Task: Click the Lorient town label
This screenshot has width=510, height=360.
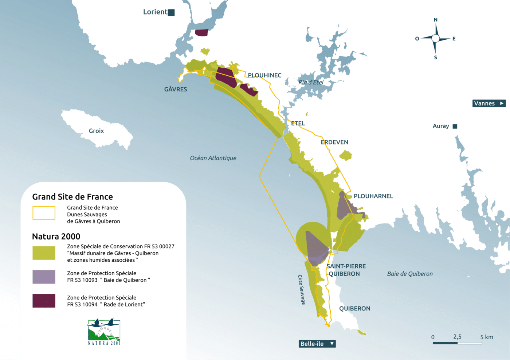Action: point(155,12)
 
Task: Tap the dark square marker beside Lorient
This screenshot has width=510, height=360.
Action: point(171,13)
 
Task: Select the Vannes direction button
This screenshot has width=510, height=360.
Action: point(489,103)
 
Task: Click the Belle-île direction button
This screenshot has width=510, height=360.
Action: point(317,344)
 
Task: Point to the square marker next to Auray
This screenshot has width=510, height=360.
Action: point(455,126)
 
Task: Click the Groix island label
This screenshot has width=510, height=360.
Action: point(96,131)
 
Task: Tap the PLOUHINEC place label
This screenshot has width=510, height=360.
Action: point(264,75)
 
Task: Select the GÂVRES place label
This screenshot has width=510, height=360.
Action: point(176,90)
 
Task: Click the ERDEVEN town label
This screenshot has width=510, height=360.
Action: point(334,142)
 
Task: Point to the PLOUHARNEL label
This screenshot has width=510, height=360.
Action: point(373,196)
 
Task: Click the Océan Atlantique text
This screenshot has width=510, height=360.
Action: point(213,158)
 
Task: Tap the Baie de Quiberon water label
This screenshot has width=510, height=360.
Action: point(410,274)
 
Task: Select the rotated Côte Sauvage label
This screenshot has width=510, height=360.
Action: point(302,289)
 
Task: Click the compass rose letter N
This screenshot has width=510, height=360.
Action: point(435,20)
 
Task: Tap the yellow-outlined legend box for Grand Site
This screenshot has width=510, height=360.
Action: point(44,213)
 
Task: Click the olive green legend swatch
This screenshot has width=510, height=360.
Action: point(44,253)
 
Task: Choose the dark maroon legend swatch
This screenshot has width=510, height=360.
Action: point(44,301)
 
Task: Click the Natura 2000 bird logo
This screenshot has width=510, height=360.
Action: point(104,332)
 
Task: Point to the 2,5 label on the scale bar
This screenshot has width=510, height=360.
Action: point(457,337)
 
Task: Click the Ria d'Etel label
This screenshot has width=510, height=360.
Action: point(311,82)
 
